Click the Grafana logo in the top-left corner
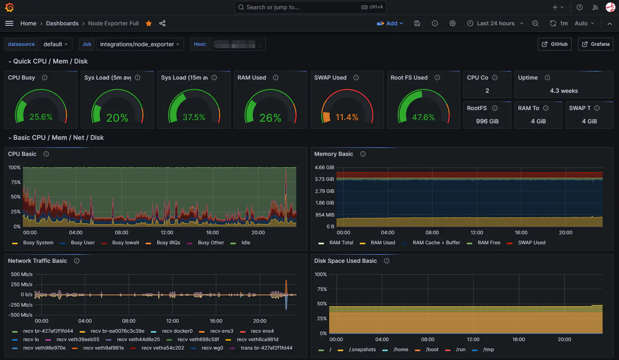9,7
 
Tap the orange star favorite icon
149,23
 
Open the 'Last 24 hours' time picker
495,23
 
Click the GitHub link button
554,44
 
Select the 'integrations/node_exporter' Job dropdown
139,44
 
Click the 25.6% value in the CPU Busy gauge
41,117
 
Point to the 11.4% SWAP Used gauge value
347,117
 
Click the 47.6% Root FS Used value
423,117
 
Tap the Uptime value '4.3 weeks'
564,91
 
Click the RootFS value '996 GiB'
487,121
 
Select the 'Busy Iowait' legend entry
125,243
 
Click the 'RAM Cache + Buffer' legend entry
436,243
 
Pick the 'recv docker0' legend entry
177,331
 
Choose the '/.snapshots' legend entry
362,350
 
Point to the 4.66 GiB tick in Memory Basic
324,168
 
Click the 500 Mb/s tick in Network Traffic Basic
22,274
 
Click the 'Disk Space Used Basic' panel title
345,261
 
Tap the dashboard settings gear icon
453,23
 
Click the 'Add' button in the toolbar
389,23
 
